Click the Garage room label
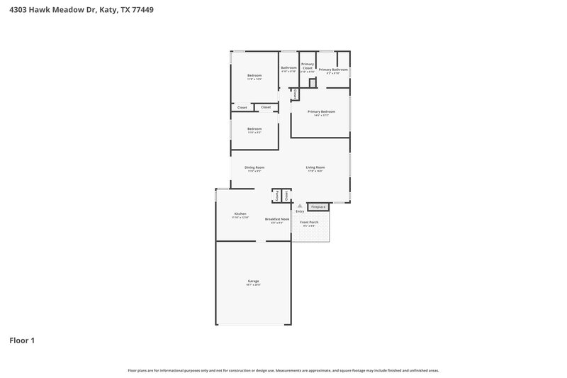[254, 282]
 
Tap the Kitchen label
[240, 213]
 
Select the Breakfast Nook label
[277, 219]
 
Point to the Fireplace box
[318, 207]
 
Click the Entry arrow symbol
[300, 206]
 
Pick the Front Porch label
[309, 223]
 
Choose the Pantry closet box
[276, 195]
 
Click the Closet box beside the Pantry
[286, 195]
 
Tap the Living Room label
[315, 167]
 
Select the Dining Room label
[254, 167]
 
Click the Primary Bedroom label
[321, 112]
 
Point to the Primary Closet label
[308, 66]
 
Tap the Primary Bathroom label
[332, 70]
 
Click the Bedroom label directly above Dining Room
[254, 129]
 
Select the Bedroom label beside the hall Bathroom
[254, 76]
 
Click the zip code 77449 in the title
[142, 10]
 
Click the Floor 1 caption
[22, 340]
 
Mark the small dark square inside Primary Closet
[312, 83]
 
